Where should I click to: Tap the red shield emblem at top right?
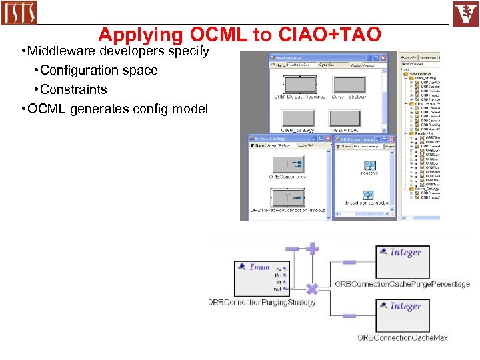[x=466, y=13]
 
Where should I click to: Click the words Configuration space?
[x=99, y=70]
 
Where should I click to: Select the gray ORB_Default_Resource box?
[x=299, y=86]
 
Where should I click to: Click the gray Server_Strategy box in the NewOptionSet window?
[x=349, y=86]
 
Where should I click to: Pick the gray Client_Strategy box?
[x=299, y=119]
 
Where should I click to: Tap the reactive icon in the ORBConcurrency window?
[x=369, y=165]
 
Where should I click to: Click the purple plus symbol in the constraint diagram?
[x=311, y=249]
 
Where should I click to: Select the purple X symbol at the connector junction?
[x=311, y=289]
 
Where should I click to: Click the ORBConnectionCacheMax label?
[x=402, y=338]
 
